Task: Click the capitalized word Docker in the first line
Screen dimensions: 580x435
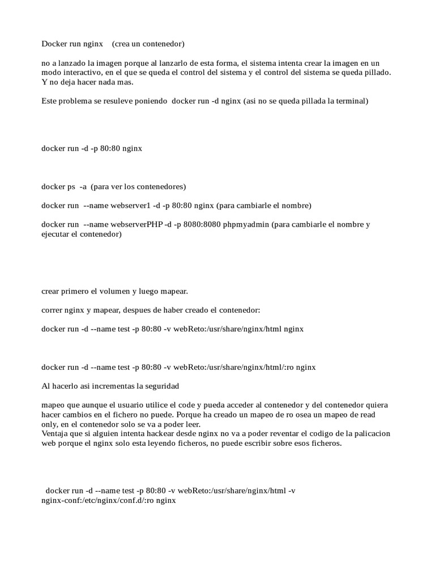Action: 53,43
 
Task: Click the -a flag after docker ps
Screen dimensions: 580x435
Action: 83,186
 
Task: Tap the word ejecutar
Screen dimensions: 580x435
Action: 56,233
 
